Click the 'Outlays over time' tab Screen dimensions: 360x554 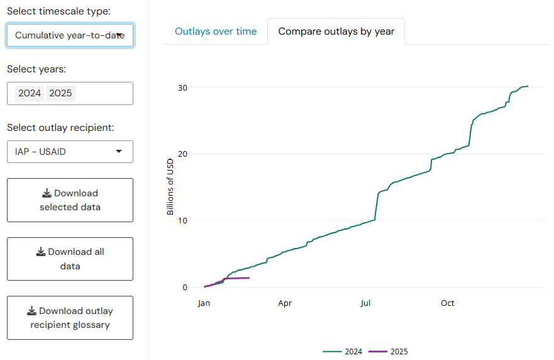point(216,31)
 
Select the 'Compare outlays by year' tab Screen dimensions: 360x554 point(336,31)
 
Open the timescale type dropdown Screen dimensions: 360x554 point(70,35)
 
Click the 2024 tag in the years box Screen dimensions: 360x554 point(30,93)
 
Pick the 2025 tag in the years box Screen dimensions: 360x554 point(60,93)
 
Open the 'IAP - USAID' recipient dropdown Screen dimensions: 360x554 point(70,152)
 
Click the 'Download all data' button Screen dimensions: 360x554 point(70,259)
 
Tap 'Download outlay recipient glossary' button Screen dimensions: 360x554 point(70,318)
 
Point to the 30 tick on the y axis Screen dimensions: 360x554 point(182,87)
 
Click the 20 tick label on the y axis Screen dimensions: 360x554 point(182,154)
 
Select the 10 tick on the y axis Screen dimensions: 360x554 point(182,220)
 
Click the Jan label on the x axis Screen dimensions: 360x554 point(204,303)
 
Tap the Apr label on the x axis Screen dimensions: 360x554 point(285,303)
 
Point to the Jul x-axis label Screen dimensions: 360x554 point(365,303)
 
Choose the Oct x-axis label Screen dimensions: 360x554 point(447,303)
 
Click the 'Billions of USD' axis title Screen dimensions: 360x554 point(170,187)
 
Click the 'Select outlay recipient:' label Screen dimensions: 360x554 point(60,128)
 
